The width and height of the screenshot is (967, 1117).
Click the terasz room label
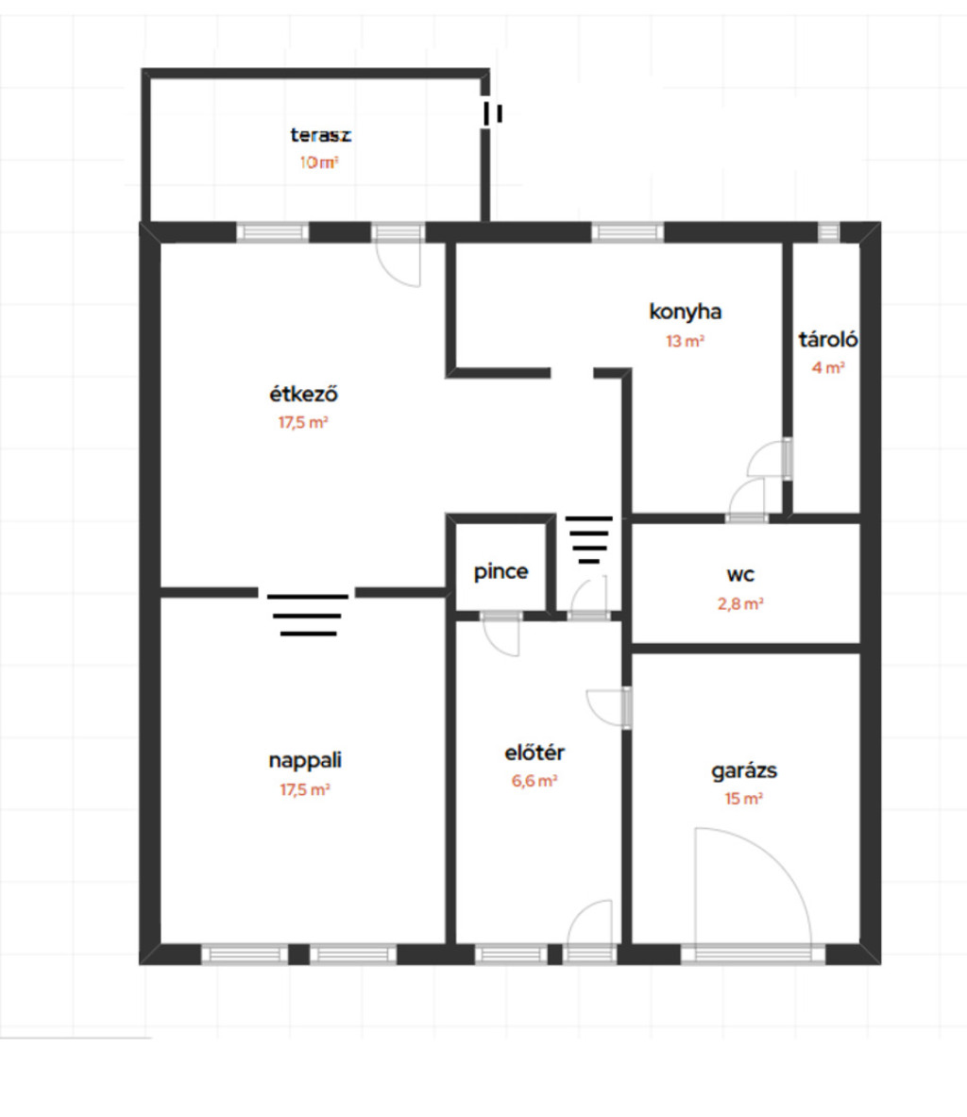coord(321,135)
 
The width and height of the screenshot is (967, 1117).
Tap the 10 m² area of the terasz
coord(318,162)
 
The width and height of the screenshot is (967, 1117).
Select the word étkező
coord(303,393)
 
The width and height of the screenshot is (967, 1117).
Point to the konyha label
coord(685,312)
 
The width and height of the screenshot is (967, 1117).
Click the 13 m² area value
coord(685,341)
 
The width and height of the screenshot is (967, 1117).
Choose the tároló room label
coord(828,339)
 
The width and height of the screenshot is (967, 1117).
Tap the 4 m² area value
coord(828,368)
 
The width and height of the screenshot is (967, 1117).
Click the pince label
coord(500,572)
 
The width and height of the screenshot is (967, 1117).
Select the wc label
coord(740,575)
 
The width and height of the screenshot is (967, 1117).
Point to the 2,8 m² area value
coord(740,604)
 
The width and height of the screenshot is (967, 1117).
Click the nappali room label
coord(305,760)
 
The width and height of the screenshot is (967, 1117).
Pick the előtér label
coord(534,753)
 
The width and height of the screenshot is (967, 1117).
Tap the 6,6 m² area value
coord(534,781)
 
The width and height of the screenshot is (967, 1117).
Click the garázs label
coord(744,770)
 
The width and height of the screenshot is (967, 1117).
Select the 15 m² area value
coord(744,800)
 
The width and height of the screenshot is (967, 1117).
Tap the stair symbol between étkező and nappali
coord(308,615)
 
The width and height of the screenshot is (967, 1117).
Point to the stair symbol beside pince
coord(588,540)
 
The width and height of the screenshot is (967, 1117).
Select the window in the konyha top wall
coord(627,232)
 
